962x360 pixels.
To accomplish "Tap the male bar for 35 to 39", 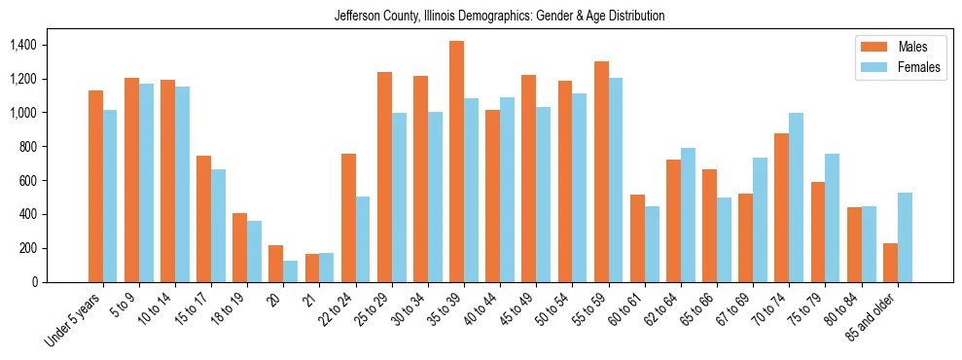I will coord(456,162).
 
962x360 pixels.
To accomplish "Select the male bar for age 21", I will coord(312,269).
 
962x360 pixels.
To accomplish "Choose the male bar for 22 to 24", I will coord(348,218).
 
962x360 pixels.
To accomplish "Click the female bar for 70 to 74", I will coord(797,198).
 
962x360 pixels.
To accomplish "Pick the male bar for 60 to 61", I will coord(637,238).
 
